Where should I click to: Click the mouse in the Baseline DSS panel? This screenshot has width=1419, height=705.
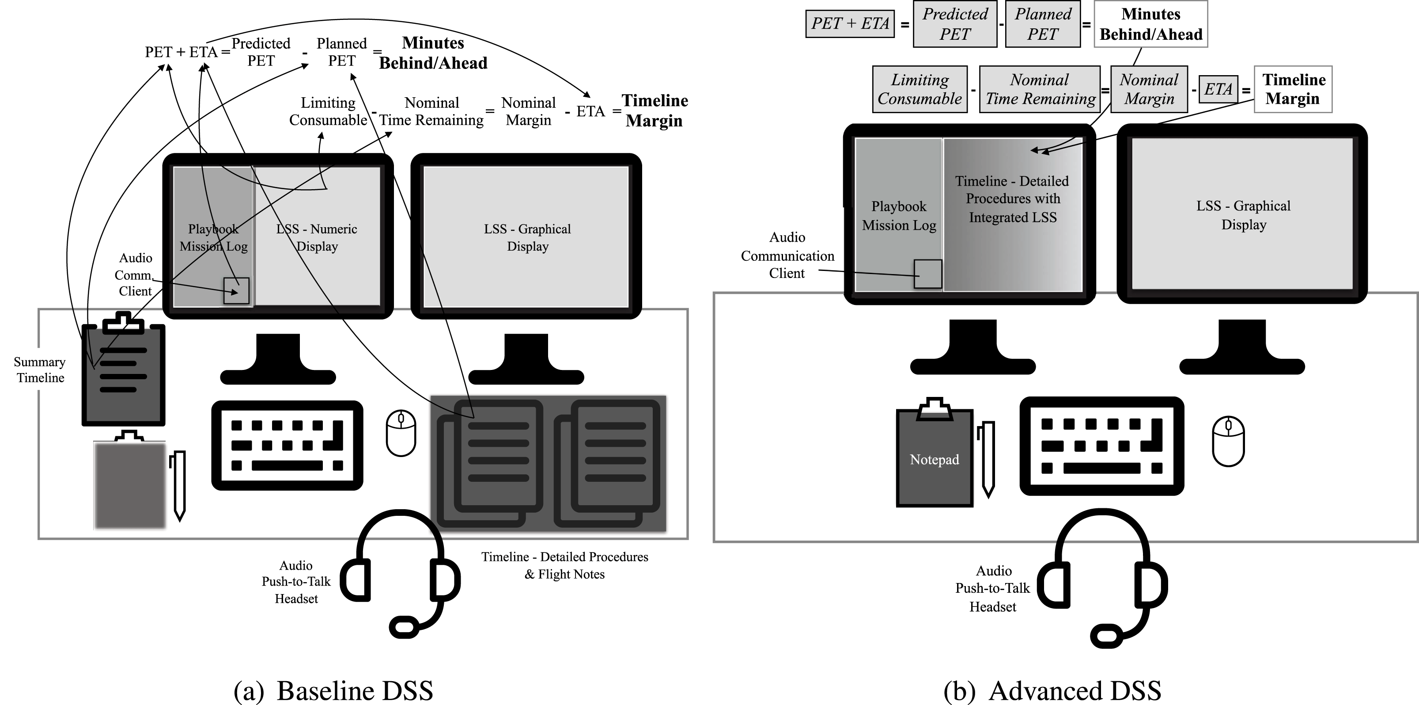(x=401, y=433)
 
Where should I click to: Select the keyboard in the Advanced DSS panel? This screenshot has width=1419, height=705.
(x=1102, y=446)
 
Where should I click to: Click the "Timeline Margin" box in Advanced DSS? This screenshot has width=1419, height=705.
(x=1293, y=89)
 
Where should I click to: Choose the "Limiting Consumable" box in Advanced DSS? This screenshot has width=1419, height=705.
(x=920, y=89)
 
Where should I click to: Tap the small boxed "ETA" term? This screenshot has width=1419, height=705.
(x=1218, y=89)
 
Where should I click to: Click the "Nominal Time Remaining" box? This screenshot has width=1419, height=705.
(x=1040, y=89)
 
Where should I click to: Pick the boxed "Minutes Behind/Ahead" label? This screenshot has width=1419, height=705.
(x=1151, y=24)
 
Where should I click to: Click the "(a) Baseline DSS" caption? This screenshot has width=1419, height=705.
(x=333, y=691)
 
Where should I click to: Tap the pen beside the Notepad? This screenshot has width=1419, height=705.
(x=988, y=459)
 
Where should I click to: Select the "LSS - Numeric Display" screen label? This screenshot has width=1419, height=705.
(x=317, y=237)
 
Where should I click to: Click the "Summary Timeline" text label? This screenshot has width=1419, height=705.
(x=40, y=370)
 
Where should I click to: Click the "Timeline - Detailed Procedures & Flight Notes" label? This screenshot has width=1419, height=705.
(x=564, y=565)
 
